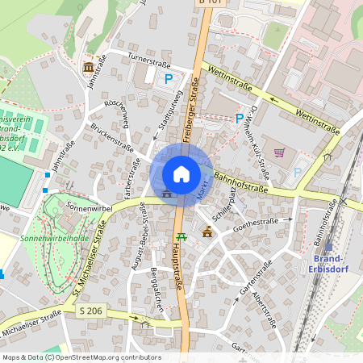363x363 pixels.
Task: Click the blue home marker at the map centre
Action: pyautogui.click(x=181, y=174)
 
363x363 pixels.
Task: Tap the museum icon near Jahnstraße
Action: pyautogui.click(x=88, y=66)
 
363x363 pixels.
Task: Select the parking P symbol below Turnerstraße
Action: pyautogui.click(x=169, y=78)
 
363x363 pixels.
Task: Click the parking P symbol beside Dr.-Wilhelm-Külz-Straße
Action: pyautogui.click(x=239, y=119)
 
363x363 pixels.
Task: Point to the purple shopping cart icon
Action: pyautogui.click(x=279, y=152)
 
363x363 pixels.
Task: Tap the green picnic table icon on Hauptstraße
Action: pyautogui.click(x=181, y=236)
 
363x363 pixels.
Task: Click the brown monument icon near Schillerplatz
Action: pyautogui.click(x=208, y=232)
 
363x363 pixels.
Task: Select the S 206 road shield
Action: pyautogui.click(x=91, y=310)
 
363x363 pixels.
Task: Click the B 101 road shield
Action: pyautogui.click(x=210, y=2)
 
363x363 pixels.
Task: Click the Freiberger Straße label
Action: pyautogui.click(x=191, y=110)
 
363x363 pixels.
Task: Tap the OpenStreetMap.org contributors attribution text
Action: pyautogui.click(x=116, y=357)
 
